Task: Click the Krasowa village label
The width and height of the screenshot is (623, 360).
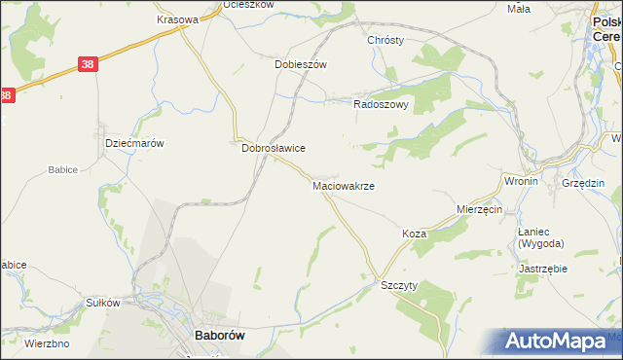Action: pyautogui.click(x=177, y=19)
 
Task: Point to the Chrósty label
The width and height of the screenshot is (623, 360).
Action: pyautogui.click(x=385, y=41)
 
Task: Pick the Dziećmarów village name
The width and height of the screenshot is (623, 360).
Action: pyautogui.click(x=133, y=142)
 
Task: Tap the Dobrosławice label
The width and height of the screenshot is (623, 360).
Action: pyautogui.click(x=274, y=148)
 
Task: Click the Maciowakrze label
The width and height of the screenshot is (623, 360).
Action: pyautogui.click(x=344, y=185)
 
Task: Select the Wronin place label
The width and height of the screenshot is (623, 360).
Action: pyautogui.click(x=521, y=182)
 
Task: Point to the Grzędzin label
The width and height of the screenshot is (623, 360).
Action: pyautogui.click(x=583, y=183)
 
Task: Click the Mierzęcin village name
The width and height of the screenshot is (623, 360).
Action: pyautogui.click(x=479, y=209)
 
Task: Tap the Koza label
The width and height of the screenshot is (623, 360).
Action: pyautogui.click(x=415, y=234)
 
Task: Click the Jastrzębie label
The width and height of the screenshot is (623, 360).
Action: pyautogui.click(x=543, y=268)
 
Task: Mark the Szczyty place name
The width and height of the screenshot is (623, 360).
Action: pyautogui.click(x=399, y=285)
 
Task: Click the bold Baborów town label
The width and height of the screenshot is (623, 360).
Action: pyautogui.click(x=219, y=335)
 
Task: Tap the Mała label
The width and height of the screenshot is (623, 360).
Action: pyautogui.click(x=519, y=9)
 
